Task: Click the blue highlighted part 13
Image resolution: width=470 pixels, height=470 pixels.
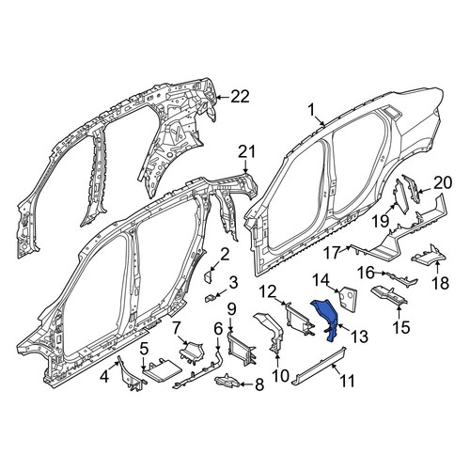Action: [x=324, y=317]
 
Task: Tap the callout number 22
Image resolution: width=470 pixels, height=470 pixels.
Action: [x=240, y=97]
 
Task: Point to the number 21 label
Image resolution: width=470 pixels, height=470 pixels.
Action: [x=246, y=151]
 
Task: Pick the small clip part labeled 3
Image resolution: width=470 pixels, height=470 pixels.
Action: [x=209, y=298]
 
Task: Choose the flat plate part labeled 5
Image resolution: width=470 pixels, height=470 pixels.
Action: [x=162, y=370]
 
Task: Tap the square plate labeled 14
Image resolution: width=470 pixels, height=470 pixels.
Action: [x=348, y=296]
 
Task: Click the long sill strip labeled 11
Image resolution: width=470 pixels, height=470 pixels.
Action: [x=318, y=366]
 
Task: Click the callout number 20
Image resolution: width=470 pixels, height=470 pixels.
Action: [x=443, y=182]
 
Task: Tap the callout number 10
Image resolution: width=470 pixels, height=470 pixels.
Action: [x=280, y=375]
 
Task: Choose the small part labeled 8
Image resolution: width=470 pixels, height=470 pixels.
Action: [x=227, y=380]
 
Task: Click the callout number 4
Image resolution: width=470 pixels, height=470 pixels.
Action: [x=104, y=376]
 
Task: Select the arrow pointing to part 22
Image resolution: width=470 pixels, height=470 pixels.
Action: [x=223, y=97]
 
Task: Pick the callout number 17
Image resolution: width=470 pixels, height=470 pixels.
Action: [x=332, y=253]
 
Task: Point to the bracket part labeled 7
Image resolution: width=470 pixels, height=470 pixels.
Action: [x=191, y=352]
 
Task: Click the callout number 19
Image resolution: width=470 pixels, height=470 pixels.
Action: [x=381, y=222]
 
